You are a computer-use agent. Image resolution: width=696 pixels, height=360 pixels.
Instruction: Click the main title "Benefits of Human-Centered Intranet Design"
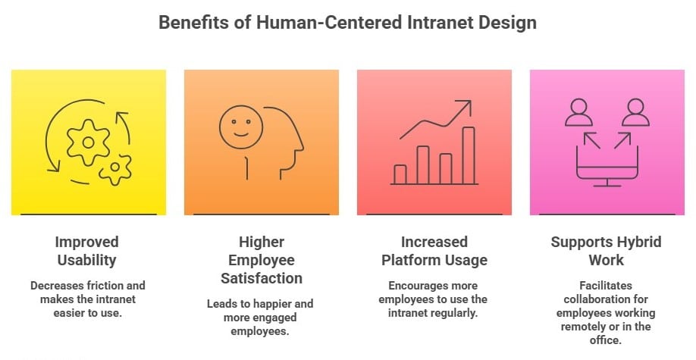(347, 23)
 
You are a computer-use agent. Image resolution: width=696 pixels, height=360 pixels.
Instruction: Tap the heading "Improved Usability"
(87, 251)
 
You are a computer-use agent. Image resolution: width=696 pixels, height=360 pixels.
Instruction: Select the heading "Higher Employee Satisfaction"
(261, 260)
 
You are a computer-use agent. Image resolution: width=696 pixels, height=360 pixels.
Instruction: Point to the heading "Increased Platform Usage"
(434, 251)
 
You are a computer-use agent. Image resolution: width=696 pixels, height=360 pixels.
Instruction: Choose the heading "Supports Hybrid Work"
(606, 251)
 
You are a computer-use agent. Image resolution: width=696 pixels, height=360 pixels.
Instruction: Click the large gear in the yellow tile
(89, 142)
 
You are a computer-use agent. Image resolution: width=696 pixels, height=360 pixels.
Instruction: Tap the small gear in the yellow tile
(116, 168)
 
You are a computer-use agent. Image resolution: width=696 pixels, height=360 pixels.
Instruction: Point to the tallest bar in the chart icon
(469, 155)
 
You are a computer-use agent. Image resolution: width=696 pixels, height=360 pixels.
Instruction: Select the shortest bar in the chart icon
(400, 174)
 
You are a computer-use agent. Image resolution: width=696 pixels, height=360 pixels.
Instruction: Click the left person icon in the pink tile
(580, 111)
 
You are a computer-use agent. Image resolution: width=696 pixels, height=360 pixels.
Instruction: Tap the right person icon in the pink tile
(635, 111)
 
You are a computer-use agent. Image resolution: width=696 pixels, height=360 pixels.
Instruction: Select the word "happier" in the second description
(265, 304)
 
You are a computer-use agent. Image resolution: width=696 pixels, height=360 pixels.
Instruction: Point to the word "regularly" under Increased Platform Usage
(452, 313)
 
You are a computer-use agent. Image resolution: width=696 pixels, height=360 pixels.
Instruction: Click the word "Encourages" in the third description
(421, 286)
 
